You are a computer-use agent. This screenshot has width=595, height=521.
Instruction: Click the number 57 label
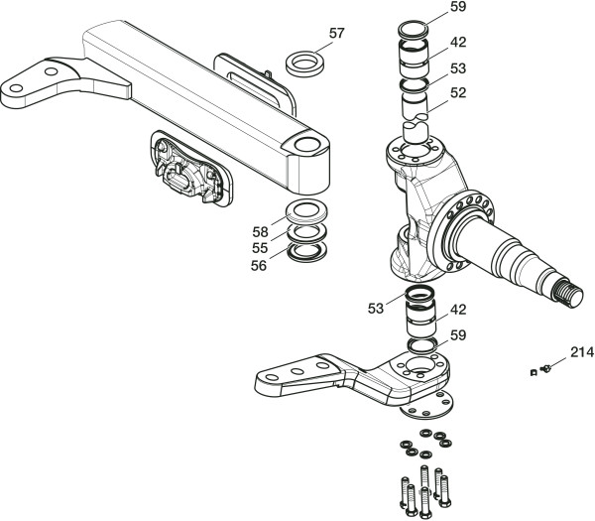coord(337,33)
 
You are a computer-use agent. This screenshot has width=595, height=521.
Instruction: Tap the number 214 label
coord(580,351)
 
